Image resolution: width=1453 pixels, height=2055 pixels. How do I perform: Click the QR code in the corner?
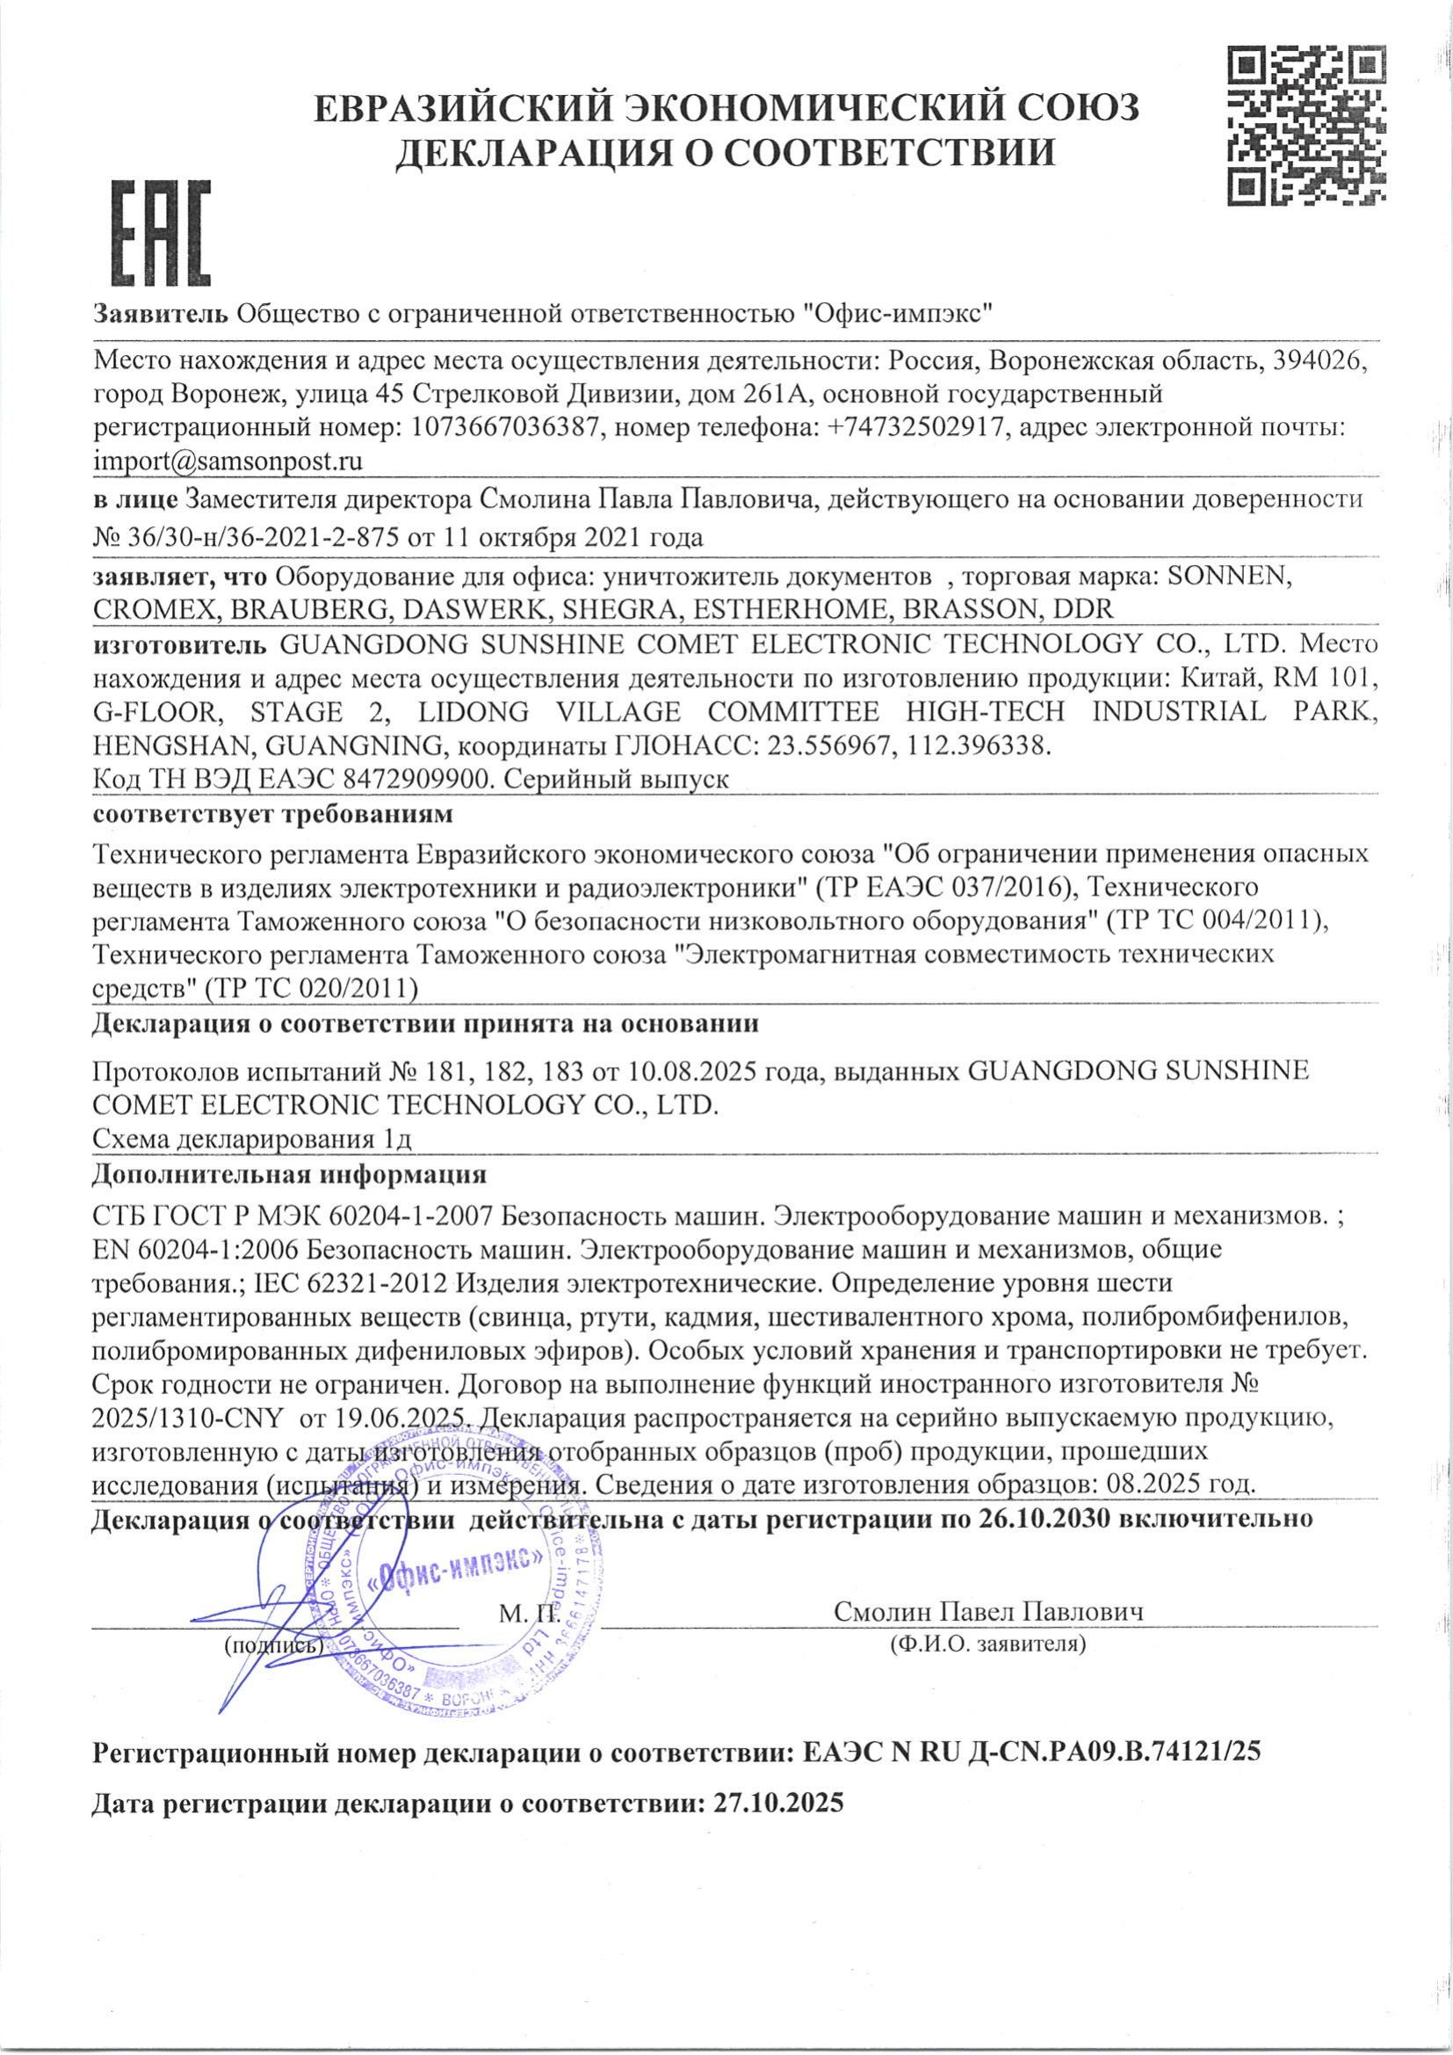[1308, 127]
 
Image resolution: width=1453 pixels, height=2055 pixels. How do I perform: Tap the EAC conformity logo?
[154, 231]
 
